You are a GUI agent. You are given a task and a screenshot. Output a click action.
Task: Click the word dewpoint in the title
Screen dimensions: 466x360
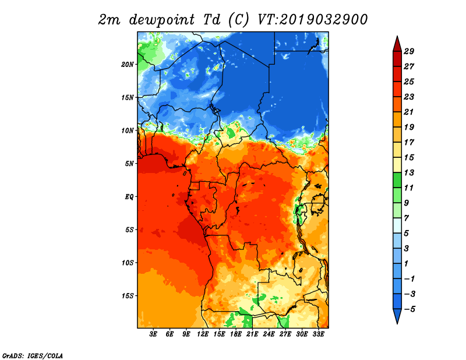click(x=161, y=20)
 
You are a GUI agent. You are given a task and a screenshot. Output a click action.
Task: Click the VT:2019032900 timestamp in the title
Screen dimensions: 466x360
click(x=312, y=20)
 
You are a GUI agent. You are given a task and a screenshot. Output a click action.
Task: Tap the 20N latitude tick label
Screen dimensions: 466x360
click(x=128, y=64)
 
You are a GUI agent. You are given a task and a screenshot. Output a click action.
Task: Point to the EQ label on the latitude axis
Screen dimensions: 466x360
click(x=129, y=196)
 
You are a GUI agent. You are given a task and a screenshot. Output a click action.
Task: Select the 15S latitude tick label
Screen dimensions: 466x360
click(x=128, y=296)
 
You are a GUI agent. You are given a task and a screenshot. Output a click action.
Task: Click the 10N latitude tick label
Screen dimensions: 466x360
click(x=128, y=130)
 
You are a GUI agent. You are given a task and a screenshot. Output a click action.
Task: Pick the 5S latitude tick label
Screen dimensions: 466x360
click(x=129, y=230)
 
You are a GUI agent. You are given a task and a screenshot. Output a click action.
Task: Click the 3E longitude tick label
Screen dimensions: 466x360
click(x=153, y=334)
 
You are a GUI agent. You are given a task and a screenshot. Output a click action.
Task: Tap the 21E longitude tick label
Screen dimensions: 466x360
click(x=252, y=334)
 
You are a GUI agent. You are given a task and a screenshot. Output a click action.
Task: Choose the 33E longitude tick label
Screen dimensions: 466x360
click(x=318, y=334)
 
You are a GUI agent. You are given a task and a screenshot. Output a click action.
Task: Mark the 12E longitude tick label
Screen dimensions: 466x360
click(x=203, y=334)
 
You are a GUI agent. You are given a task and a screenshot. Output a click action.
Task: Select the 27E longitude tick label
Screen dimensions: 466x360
click(x=285, y=334)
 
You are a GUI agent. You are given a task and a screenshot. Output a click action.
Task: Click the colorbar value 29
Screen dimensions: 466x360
click(x=409, y=51)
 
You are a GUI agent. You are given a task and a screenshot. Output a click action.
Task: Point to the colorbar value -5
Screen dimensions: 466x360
click(x=409, y=309)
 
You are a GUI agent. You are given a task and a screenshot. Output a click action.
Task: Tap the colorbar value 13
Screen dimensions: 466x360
click(x=409, y=172)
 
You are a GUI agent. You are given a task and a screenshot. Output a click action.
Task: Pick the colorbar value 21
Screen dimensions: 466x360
click(x=409, y=112)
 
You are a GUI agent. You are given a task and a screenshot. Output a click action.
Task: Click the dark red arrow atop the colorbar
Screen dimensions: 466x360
click(x=397, y=45)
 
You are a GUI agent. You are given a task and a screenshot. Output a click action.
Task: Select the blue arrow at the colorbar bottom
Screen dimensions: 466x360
click(x=397, y=315)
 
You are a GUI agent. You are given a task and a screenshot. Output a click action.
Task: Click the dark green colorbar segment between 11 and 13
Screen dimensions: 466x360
click(x=397, y=180)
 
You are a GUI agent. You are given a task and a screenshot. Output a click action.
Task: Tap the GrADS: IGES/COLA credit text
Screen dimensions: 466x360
click(x=33, y=356)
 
